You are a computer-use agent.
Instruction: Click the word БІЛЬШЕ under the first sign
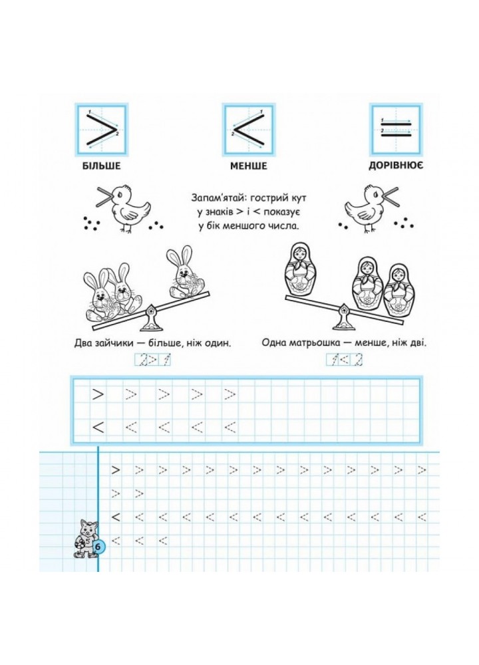tap(102, 166)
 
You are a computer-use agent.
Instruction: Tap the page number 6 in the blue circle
tap(98, 547)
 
